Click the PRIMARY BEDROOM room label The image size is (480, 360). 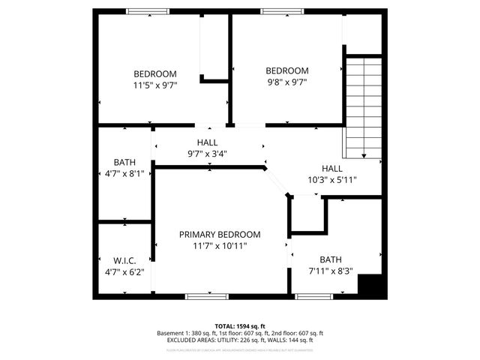[220, 234]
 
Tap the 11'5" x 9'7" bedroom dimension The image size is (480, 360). [155, 85]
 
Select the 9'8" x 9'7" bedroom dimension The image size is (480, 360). [287, 82]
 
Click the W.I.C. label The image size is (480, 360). [124, 260]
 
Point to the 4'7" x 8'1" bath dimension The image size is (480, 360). [124, 173]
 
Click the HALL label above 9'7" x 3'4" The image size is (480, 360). [208, 142]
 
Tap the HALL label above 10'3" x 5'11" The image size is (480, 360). [331, 168]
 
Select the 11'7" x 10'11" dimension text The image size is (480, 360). [220, 245]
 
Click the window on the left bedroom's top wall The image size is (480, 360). [147, 11]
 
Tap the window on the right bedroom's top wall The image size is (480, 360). [282, 11]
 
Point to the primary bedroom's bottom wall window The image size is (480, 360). [207, 296]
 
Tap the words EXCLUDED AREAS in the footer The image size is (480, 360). [190, 340]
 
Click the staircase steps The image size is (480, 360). [364, 105]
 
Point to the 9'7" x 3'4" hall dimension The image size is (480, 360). [208, 154]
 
